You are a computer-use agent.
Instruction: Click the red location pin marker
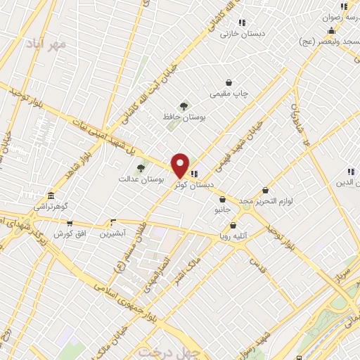click(x=180, y=165)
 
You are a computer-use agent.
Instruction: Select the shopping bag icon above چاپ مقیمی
click(x=229, y=82)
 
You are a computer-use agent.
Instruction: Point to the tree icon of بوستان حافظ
click(x=184, y=106)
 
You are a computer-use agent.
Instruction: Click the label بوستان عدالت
click(x=141, y=180)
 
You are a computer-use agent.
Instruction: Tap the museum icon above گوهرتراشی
click(x=50, y=196)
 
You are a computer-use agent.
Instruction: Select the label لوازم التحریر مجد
click(x=265, y=200)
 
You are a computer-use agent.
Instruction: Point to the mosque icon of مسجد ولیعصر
click(x=330, y=31)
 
